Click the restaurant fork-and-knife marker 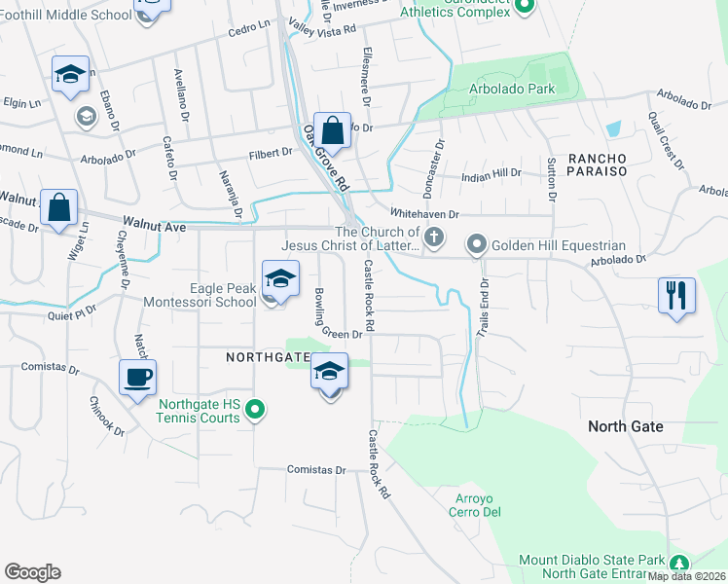(x=677, y=294)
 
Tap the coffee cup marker (x=137, y=377)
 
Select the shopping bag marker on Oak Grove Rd (x=332, y=130)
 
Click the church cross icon (x=435, y=236)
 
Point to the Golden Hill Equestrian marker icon (x=476, y=244)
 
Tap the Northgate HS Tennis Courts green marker (x=255, y=410)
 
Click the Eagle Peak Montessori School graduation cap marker (x=280, y=279)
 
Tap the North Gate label (x=626, y=426)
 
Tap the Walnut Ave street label (x=154, y=226)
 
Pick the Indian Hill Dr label (x=491, y=173)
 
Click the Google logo (x=32, y=572)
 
